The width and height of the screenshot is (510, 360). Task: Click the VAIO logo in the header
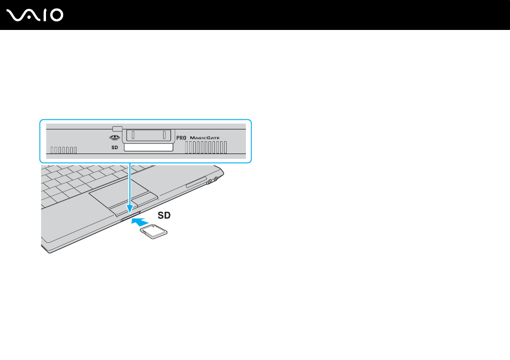click(x=35, y=16)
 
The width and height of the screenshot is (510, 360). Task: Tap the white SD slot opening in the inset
click(x=148, y=148)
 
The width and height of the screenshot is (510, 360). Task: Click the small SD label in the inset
click(x=114, y=148)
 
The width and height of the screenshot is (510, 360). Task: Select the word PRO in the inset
click(x=181, y=138)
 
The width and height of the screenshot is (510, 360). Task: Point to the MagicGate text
click(x=205, y=138)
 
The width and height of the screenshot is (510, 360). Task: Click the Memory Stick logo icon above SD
click(x=114, y=137)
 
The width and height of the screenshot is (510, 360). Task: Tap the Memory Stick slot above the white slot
click(x=149, y=135)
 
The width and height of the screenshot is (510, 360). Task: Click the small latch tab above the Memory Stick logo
click(x=117, y=128)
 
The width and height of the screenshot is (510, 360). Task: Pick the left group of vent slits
click(x=64, y=150)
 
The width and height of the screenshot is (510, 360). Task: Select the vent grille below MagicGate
click(x=206, y=148)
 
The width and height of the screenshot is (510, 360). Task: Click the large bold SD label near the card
click(x=164, y=215)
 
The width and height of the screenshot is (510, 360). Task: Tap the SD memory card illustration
click(x=153, y=232)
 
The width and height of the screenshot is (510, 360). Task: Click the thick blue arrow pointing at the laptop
click(x=140, y=222)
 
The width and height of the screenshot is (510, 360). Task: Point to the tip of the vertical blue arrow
click(x=130, y=213)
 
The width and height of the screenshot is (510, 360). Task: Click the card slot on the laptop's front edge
click(x=130, y=216)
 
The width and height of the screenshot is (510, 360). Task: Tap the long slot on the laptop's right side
click(x=196, y=182)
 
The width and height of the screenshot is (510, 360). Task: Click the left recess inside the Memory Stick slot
click(x=133, y=135)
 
